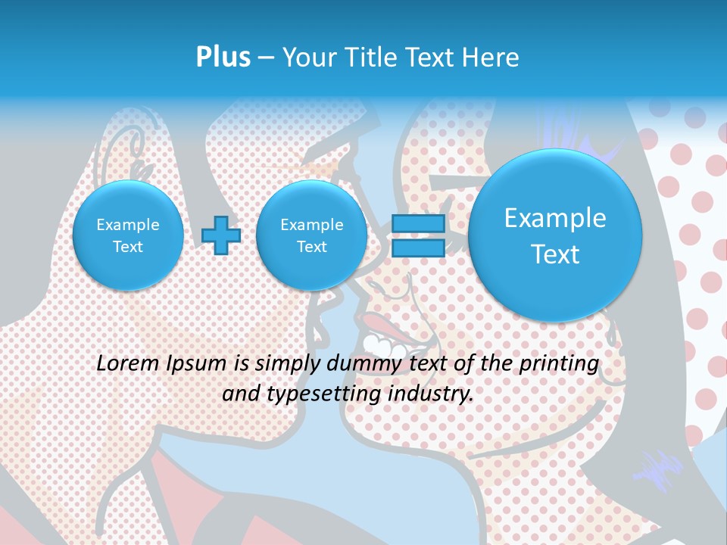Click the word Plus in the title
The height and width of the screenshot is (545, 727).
click(x=223, y=58)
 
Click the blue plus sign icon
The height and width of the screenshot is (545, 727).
click(x=221, y=235)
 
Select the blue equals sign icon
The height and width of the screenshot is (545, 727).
click(x=418, y=235)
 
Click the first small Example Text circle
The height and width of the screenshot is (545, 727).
click(x=128, y=235)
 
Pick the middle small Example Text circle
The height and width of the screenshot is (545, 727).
click(x=311, y=235)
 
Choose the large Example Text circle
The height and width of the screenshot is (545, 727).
click(x=555, y=235)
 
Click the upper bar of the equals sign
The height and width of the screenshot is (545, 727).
click(x=418, y=223)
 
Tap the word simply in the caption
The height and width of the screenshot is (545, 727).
click(x=287, y=364)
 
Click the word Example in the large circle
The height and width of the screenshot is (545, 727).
click(x=555, y=218)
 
